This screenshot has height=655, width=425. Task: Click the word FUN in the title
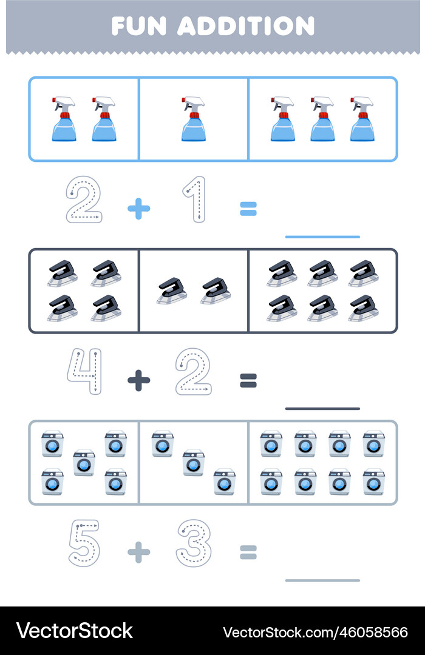pyautogui.click(x=139, y=26)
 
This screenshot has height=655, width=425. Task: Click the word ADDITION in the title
pyautogui.click(x=246, y=26)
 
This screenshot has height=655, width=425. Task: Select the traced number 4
pyautogui.click(x=85, y=371)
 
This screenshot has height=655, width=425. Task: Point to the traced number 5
pyautogui.click(x=84, y=543)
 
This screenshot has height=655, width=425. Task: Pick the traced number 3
pyautogui.click(x=194, y=543)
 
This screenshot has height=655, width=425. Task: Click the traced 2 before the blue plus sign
pyautogui.click(x=84, y=200)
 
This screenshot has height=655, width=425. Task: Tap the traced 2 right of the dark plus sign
pyautogui.click(x=193, y=371)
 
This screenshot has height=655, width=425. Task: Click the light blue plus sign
pyautogui.click(x=139, y=209)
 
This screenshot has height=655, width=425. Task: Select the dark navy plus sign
pyautogui.click(x=139, y=380)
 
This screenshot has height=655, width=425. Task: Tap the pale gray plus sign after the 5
pyautogui.click(x=139, y=553)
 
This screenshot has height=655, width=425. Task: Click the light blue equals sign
pyautogui.click(x=248, y=209)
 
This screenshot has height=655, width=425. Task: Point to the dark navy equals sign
pyautogui.click(x=248, y=380)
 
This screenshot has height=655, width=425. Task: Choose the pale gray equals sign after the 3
pyautogui.click(x=248, y=553)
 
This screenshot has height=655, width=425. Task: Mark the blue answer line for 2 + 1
pyautogui.click(x=322, y=237)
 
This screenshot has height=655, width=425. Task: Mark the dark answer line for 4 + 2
pyautogui.click(x=322, y=409)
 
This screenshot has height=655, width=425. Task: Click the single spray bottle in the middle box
pyautogui.click(x=193, y=119)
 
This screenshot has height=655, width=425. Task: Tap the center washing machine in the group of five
pyautogui.click(x=84, y=463)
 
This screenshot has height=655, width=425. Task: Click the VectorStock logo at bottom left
pyautogui.click(x=75, y=631)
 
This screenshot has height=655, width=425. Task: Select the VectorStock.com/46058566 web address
pyautogui.click(x=315, y=632)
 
